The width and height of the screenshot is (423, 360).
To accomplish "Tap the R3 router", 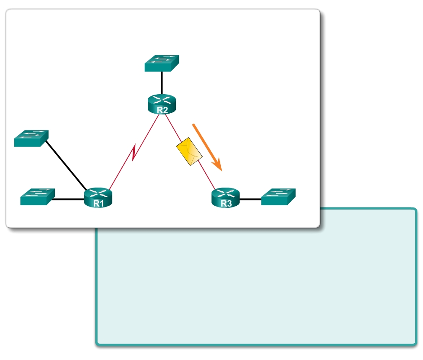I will point(225,198).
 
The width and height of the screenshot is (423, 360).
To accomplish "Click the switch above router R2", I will point(162,63).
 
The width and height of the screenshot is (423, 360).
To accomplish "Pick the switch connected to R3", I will point(278,197).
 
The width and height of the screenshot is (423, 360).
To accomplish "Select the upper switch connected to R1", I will point(31,138).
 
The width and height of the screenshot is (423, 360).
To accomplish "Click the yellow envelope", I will point(189,151).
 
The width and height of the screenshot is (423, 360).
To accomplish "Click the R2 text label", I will point(162,110).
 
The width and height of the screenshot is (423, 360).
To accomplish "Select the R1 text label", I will point(99,204).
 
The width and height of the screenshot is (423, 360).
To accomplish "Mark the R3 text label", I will point(226,204).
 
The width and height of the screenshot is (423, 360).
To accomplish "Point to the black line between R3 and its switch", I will point(250,200).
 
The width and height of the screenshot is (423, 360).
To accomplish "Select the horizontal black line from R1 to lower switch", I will point(69,200).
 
